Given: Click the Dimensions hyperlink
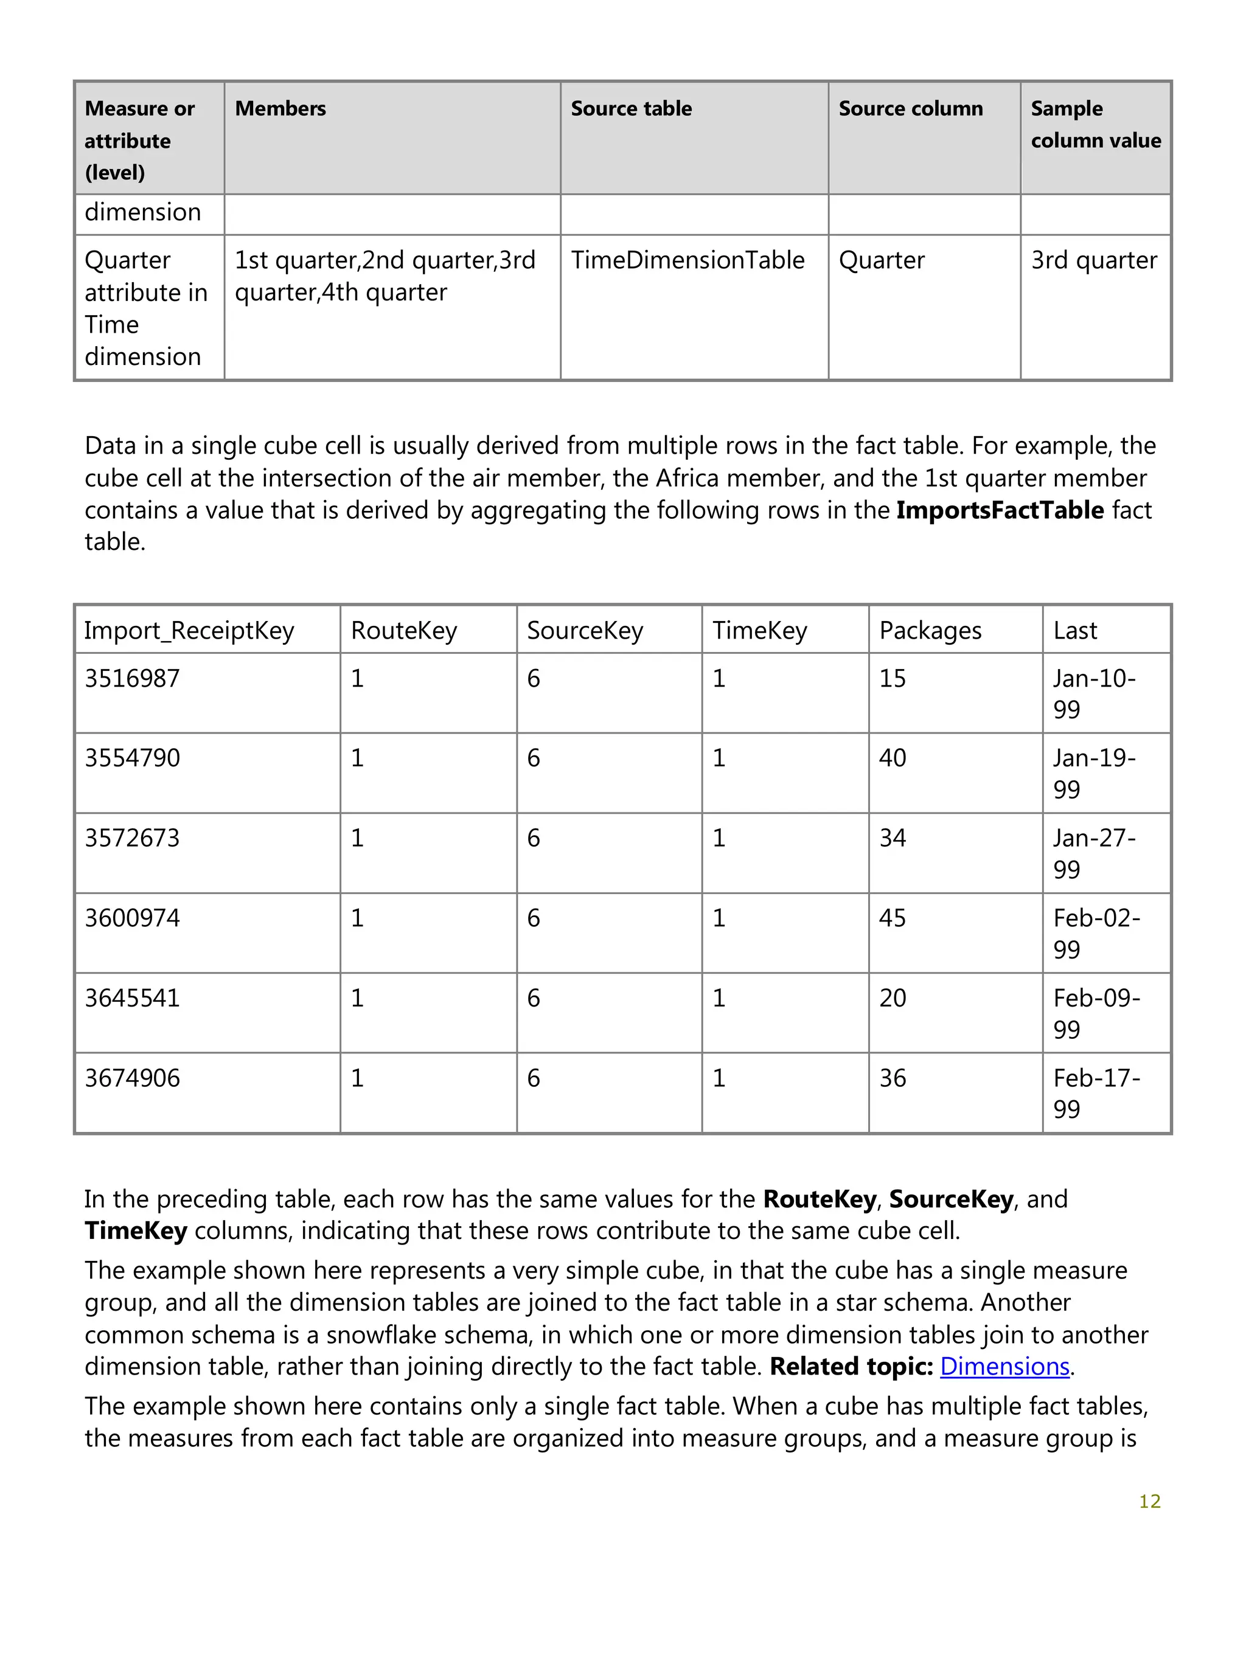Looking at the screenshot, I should pyautogui.click(x=1004, y=1367).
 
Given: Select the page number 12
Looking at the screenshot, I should pyautogui.click(x=1149, y=1501).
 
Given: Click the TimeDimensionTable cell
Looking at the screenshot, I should pyautogui.click(x=687, y=260).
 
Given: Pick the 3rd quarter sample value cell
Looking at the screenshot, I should pyautogui.click(x=1093, y=260).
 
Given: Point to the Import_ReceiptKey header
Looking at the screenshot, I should pyautogui.click(x=189, y=630).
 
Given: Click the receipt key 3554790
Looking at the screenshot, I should pyautogui.click(x=132, y=758).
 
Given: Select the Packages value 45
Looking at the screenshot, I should pyautogui.click(x=892, y=918).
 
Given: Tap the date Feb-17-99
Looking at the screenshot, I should pyautogui.click(x=1096, y=1094).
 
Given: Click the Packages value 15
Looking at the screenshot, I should pyautogui.click(x=892, y=678).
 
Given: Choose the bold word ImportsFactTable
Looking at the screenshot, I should pyautogui.click(x=1000, y=510).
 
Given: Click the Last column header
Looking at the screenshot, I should pyautogui.click(x=1074, y=630).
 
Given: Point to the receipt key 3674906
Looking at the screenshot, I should pyautogui.click(x=132, y=1078).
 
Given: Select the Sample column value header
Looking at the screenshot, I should pyautogui.click(x=1095, y=125).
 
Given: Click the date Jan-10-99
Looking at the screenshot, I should pyautogui.click(x=1093, y=693).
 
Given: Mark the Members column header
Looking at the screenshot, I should pyautogui.click(x=280, y=109).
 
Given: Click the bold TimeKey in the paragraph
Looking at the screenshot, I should pyautogui.click(x=136, y=1231).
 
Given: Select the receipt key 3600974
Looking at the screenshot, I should pyautogui.click(x=132, y=918).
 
